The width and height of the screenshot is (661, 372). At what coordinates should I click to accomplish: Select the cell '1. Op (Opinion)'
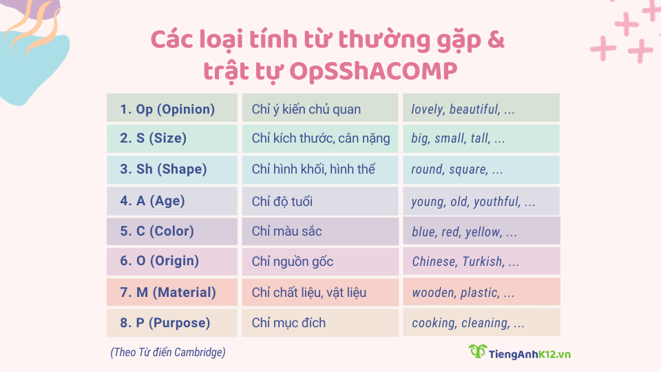coord(172,109)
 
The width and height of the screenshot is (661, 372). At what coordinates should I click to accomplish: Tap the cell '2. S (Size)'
coord(172,138)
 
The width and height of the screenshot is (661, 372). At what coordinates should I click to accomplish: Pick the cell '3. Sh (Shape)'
coord(172,169)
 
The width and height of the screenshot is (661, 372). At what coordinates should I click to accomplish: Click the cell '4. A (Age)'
coord(172,201)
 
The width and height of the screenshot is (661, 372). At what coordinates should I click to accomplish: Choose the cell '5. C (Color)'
coord(172,231)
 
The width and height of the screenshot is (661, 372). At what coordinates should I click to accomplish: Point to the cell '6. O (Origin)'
coord(172,261)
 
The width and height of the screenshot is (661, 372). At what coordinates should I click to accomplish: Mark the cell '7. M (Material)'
coord(172,293)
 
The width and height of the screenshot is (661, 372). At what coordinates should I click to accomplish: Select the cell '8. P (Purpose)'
coord(172,322)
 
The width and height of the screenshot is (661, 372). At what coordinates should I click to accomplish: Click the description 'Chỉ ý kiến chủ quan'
coord(306,109)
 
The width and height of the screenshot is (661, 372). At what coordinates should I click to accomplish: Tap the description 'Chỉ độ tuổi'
coord(282,201)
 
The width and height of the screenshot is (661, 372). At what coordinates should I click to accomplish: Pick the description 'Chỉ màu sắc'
coord(287,231)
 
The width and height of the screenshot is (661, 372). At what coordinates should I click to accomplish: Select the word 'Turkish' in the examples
coord(482,262)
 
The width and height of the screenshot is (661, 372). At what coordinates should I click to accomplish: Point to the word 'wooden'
coord(433,293)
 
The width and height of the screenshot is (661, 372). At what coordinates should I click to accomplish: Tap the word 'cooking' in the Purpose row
coord(433,323)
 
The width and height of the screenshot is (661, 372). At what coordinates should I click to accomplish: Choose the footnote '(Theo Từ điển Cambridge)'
coord(167,353)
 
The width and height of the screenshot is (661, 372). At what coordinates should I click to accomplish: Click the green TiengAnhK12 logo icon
coord(477,352)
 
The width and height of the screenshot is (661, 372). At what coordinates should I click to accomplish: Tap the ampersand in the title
coord(494,39)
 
